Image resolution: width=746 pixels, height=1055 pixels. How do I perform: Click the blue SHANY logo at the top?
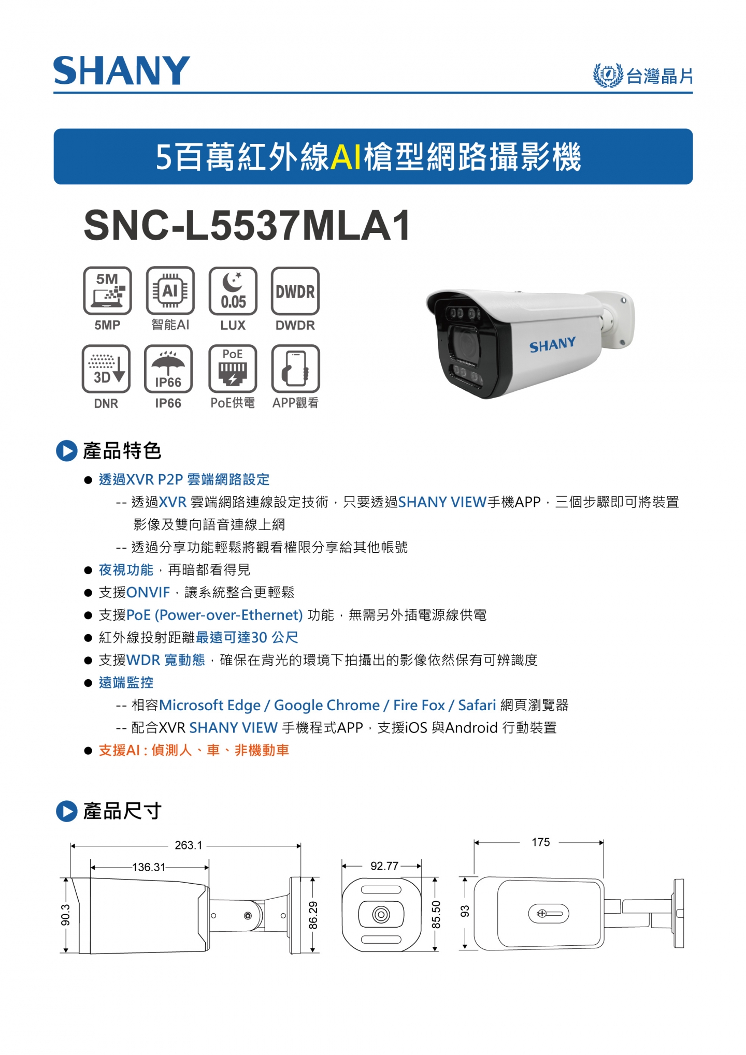click(122, 71)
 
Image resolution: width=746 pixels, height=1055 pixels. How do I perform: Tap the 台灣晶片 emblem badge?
click(607, 76)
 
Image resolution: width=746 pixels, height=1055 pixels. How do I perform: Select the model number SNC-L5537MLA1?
click(247, 225)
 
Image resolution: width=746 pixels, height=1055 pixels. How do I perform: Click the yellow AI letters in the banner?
click(346, 157)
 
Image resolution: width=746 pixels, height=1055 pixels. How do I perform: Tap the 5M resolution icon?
click(107, 290)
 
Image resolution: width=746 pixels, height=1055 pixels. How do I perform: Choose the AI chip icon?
click(170, 290)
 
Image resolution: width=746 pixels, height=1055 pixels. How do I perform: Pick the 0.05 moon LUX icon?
click(233, 290)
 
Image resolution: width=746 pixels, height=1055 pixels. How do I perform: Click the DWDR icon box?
click(295, 290)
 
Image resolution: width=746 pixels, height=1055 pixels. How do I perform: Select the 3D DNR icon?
click(106, 369)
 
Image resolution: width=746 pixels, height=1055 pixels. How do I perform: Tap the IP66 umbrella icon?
click(168, 369)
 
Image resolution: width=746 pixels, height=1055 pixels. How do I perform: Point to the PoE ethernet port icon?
click(233, 369)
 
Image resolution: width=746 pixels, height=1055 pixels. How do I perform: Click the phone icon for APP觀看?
click(295, 369)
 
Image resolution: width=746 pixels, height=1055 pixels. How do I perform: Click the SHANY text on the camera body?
click(552, 345)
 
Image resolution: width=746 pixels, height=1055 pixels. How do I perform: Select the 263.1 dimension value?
click(189, 845)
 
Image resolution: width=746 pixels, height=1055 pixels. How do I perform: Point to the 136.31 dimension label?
click(149, 867)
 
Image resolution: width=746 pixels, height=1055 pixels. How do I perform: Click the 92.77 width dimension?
click(384, 866)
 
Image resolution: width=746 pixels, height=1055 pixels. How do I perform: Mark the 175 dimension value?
click(541, 842)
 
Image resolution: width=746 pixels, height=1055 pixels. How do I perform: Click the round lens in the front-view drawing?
click(381, 915)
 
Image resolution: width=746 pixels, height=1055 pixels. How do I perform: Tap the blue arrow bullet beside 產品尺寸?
click(66, 811)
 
